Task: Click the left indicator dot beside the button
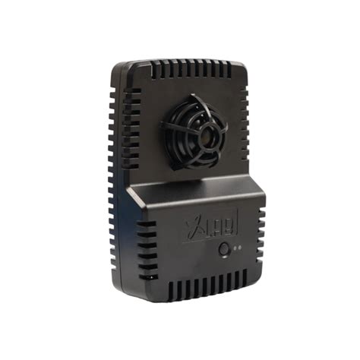[x=234, y=248]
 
